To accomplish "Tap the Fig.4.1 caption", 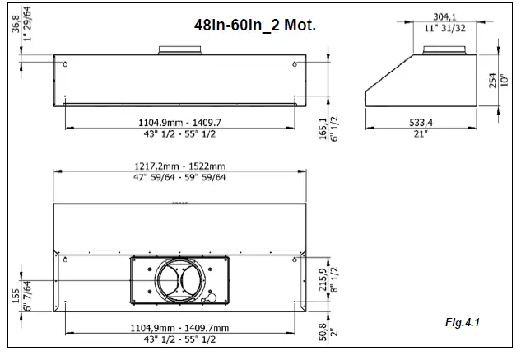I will [x=462, y=321].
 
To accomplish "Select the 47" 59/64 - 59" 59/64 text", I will [x=181, y=177].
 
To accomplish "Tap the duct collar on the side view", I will [x=445, y=50].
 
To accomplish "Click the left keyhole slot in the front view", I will [x=66, y=66].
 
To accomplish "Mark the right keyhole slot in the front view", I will [x=295, y=66].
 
